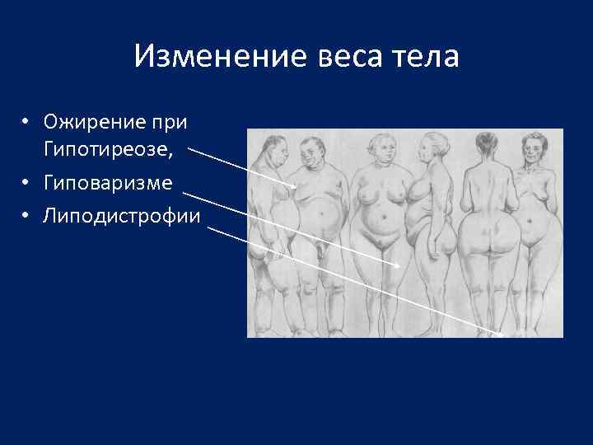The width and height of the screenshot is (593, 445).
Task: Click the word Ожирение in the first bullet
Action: point(88,123)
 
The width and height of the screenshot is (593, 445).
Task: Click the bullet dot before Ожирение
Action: point(27,123)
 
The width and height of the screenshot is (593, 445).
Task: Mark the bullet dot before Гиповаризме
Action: point(27,181)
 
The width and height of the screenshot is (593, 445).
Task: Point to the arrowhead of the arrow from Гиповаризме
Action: point(400,266)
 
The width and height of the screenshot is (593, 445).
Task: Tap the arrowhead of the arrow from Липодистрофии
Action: point(501,335)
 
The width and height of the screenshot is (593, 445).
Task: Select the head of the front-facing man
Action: point(311,152)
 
